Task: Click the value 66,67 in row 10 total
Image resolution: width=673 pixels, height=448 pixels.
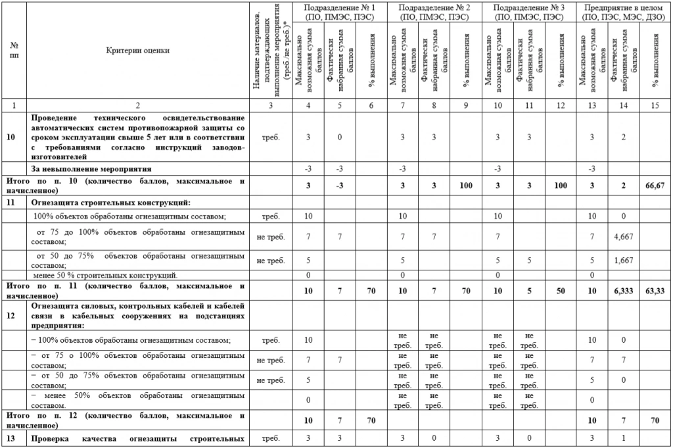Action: (x=655, y=186)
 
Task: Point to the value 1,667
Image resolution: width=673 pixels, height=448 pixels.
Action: (x=623, y=261)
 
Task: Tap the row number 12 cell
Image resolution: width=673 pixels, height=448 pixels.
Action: (x=11, y=314)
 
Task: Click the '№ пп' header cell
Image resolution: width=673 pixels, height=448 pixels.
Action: (x=14, y=50)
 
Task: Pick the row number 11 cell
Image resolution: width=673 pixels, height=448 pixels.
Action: (x=11, y=202)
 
